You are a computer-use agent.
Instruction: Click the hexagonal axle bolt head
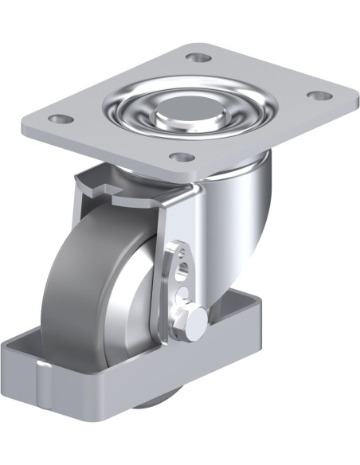[196, 318]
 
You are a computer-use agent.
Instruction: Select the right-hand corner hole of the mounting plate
[319, 96]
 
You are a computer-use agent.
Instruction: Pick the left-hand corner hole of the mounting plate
[57, 119]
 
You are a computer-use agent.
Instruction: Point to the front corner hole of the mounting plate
[182, 157]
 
